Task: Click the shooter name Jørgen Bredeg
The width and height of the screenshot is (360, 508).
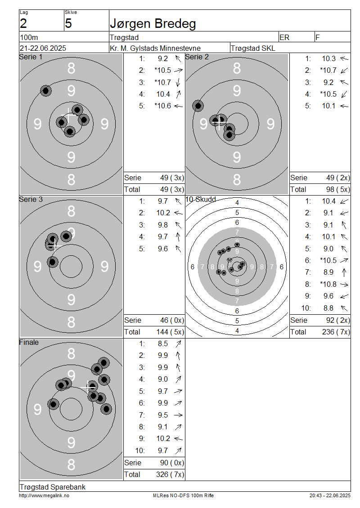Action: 153,24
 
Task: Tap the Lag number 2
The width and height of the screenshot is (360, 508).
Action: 23,24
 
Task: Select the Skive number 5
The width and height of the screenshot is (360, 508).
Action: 68,24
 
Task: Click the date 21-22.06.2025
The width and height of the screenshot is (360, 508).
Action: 43,48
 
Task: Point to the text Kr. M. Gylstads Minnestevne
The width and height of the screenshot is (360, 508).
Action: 155,48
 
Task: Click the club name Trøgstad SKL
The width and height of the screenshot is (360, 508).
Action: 252,48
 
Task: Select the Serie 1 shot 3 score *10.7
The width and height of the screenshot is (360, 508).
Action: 162,82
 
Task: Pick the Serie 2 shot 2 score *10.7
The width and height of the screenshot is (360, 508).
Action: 328,70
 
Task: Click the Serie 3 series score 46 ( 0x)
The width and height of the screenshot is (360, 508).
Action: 172,321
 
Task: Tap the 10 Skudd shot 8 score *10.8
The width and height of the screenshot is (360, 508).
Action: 328,284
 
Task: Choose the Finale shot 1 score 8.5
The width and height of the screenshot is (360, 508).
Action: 163,343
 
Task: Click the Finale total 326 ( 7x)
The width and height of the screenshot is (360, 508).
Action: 170,475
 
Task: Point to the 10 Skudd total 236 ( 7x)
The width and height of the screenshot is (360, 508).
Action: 336,332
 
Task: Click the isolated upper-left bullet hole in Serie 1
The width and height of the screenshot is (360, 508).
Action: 46,91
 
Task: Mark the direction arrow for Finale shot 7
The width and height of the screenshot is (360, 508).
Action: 178,415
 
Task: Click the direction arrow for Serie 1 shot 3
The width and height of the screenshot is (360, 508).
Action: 178,82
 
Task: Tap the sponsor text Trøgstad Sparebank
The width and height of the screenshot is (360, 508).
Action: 53,487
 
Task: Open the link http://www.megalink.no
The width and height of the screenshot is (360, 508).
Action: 44,495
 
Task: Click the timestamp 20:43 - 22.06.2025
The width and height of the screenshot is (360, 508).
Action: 330,495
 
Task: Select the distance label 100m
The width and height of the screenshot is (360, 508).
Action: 29,37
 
